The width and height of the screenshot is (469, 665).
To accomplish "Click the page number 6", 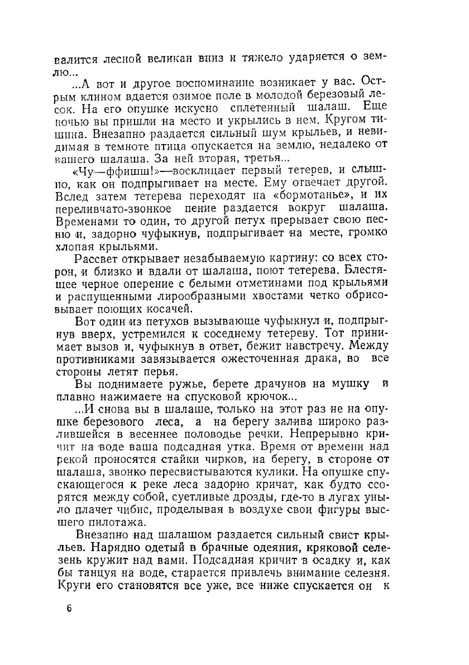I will tap(69, 609).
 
